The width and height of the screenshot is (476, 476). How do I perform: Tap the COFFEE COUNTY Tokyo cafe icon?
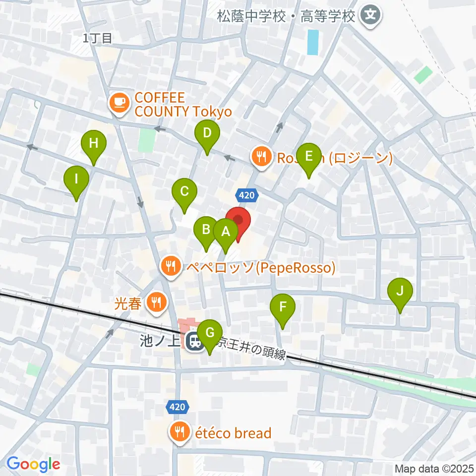(118, 103)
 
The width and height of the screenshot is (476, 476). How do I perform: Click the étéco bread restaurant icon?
(178, 432)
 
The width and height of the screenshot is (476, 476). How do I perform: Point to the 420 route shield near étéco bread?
(177, 407)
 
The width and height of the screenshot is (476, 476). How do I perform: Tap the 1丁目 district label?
(98, 38)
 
